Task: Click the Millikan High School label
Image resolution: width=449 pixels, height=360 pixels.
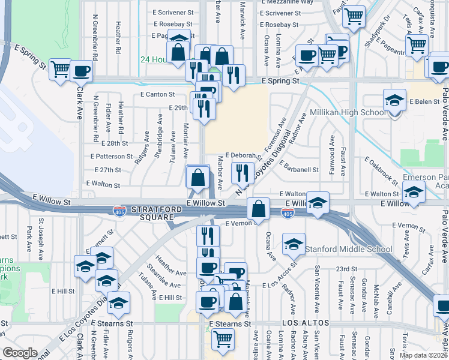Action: click(x=348, y=112)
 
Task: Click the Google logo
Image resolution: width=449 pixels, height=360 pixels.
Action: click(x=20, y=353)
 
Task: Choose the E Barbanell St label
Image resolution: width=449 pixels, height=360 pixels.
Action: click(x=298, y=170)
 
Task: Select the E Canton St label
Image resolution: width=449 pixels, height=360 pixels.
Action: click(x=157, y=94)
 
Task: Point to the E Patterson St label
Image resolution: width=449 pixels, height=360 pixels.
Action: click(x=111, y=157)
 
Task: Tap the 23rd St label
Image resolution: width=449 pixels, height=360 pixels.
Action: click(x=346, y=269)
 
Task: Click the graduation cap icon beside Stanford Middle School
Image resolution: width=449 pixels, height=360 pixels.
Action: click(x=294, y=245)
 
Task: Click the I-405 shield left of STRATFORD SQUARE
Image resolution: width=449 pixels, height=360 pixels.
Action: click(x=119, y=211)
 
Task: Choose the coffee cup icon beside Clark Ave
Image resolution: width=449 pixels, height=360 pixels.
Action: click(x=81, y=71)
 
